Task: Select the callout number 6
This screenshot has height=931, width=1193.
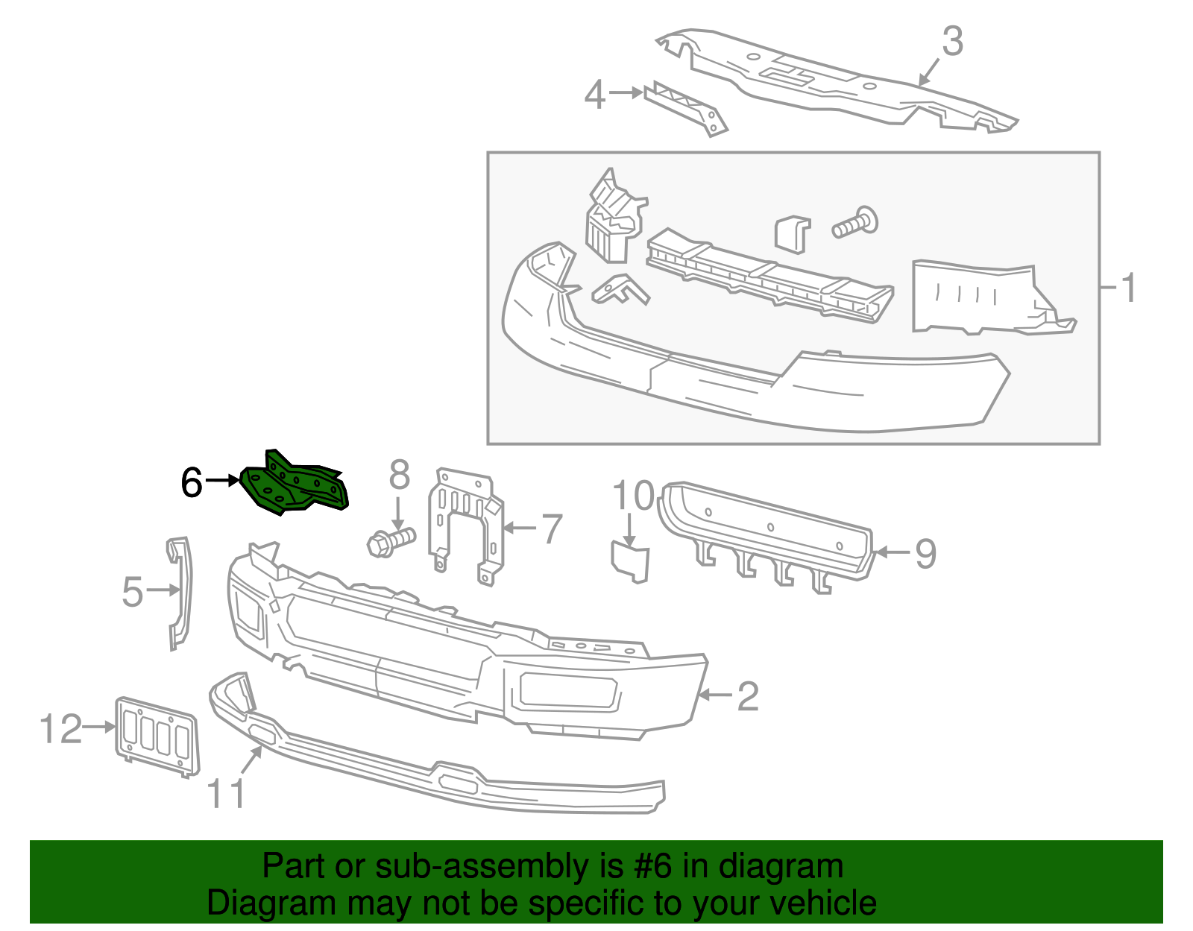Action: (x=192, y=483)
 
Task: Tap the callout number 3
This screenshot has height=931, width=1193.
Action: (x=952, y=42)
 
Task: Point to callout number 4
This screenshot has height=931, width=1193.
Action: (x=594, y=95)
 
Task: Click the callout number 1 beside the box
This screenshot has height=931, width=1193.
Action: (x=1129, y=288)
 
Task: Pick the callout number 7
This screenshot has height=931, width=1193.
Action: (x=551, y=529)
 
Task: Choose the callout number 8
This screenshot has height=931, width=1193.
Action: (x=400, y=475)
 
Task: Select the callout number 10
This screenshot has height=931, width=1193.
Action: (x=633, y=496)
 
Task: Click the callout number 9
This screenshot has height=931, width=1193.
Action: (x=925, y=554)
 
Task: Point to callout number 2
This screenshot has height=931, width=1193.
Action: (x=747, y=696)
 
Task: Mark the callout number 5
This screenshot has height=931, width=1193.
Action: (x=132, y=592)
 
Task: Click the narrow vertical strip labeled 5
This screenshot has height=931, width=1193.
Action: (x=180, y=593)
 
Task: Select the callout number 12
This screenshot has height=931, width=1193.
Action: (x=60, y=728)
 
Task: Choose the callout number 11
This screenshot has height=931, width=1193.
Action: (x=226, y=795)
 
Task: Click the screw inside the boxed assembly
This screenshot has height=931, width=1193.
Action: (x=856, y=223)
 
